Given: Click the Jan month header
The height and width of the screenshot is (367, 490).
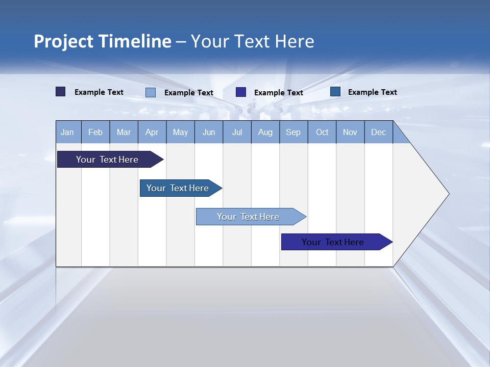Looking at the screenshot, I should [x=68, y=132].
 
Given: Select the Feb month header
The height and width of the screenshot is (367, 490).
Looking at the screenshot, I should [x=95, y=132].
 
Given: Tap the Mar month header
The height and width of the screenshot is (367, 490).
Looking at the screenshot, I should [x=124, y=132].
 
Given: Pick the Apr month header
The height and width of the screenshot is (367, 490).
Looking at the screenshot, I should [x=152, y=132].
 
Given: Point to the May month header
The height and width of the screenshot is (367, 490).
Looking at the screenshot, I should [x=180, y=132].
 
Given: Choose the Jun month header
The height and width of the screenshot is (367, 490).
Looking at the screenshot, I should [x=209, y=132].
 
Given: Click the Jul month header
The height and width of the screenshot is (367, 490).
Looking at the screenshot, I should [x=237, y=132].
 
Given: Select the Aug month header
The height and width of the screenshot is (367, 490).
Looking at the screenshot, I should [x=265, y=132].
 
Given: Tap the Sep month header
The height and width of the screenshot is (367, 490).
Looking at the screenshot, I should [x=293, y=132].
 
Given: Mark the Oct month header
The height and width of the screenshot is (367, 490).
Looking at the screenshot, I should [x=322, y=132].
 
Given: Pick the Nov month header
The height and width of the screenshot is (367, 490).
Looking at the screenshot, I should [x=350, y=132].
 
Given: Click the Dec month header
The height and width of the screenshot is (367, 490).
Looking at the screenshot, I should [x=379, y=132].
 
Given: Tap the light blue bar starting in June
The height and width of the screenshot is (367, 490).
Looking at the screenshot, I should [x=249, y=217].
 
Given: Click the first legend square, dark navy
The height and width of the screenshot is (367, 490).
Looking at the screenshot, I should [x=61, y=92].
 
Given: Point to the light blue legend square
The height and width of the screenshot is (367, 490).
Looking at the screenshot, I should [x=151, y=92].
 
